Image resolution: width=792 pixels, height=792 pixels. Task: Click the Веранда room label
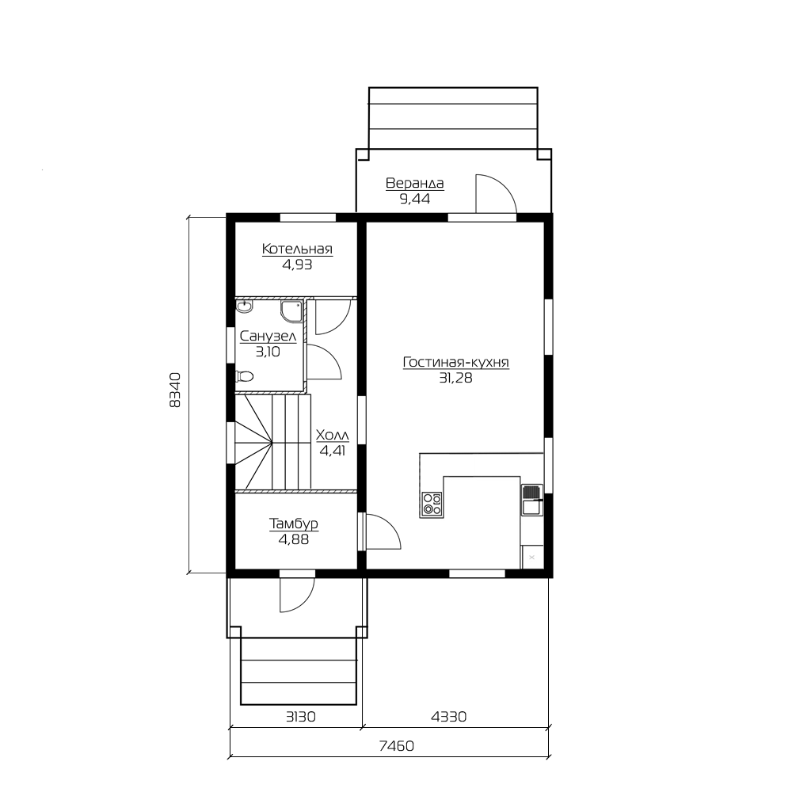(415, 183)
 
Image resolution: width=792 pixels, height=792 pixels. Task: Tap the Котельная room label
(297, 249)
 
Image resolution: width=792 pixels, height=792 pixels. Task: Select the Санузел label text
(268, 336)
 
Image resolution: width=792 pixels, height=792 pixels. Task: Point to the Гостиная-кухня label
(456, 362)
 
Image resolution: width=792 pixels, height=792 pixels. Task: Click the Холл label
(333, 435)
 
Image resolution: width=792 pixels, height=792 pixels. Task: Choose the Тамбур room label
(294, 524)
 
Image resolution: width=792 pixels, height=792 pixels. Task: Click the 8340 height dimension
(175, 390)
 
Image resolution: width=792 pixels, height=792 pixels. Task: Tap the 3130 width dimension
(301, 716)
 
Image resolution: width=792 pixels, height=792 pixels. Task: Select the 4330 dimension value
(448, 716)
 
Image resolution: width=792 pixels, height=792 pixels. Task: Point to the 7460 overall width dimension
(397, 745)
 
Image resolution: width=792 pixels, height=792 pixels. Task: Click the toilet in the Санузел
(245, 376)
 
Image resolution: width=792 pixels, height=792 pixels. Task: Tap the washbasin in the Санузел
(245, 307)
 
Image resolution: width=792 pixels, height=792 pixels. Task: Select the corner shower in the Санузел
(292, 311)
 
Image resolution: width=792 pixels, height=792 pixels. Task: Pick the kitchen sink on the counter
(532, 500)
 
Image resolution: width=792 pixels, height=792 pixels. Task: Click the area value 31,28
(456, 378)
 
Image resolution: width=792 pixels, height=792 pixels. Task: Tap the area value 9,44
(415, 199)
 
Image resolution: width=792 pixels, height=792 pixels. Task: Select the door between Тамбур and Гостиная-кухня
(383, 531)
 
